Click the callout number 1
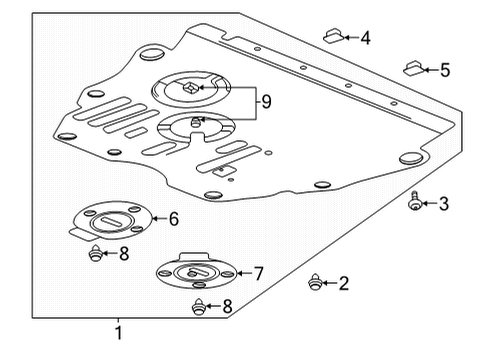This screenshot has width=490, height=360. coord(118,334)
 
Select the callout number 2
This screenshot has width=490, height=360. coord(344,284)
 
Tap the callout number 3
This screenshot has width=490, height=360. coord(444,204)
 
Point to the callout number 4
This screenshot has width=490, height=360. coord(365,39)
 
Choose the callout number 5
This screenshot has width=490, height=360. coord(445,70)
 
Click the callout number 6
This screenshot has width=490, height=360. coord(174,219)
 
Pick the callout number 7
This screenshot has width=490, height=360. coord(259,273)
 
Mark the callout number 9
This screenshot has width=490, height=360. coord(265,101)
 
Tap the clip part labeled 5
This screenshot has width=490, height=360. coord(411,69)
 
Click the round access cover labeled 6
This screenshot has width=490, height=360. coord(113,221)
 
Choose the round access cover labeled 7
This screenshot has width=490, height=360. coord(195,272)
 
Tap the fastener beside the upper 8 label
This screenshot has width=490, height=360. coord(96,253)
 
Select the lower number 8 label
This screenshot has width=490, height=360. coord(228,307)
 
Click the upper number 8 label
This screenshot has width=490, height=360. coord(124,254)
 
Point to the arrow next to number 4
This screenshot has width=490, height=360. coord(349,39)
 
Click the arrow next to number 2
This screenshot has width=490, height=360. coord(329,284)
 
